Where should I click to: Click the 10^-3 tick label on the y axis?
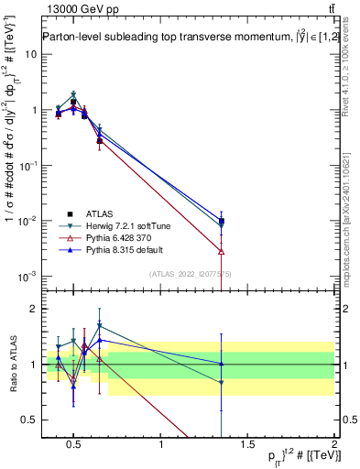click(x=27, y=277)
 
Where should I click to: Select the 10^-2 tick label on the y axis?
click(x=27, y=221)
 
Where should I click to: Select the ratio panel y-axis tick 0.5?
click(x=29, y=420)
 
